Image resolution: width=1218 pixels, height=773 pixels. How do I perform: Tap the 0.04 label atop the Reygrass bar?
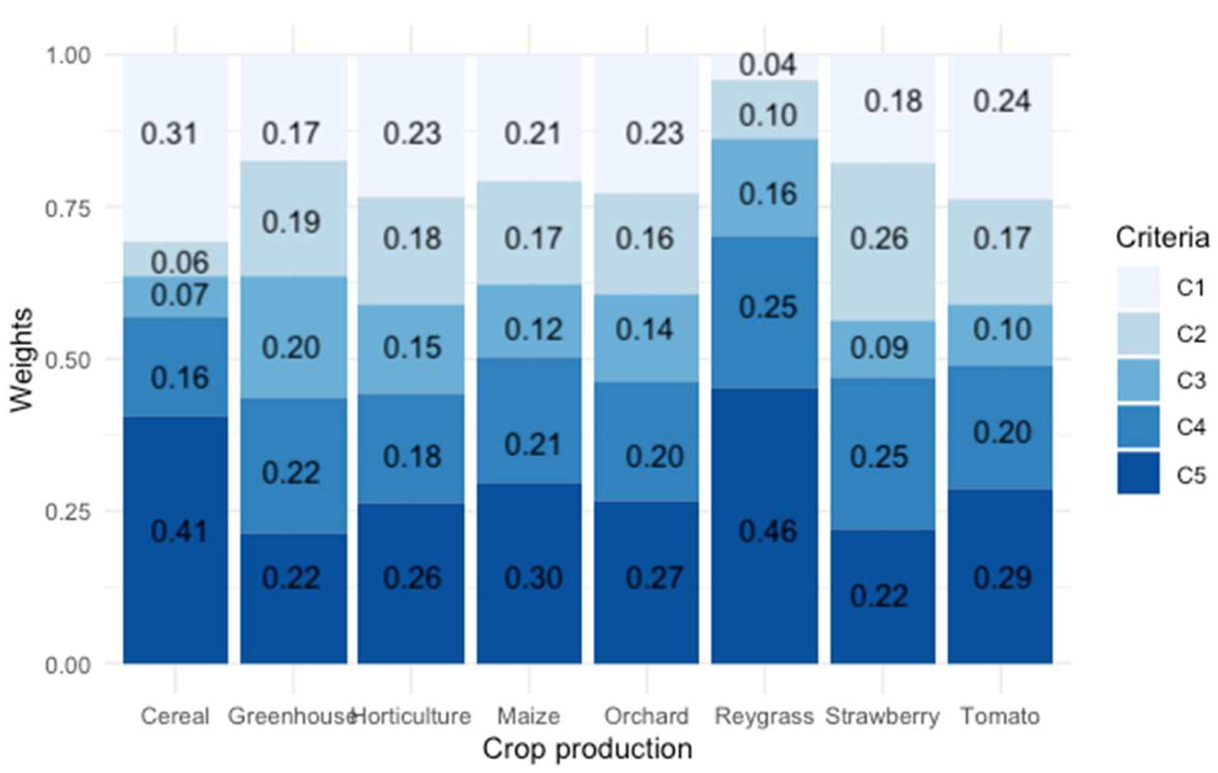(767, 65)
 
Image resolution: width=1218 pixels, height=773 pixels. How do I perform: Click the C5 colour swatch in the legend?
(1138, 473)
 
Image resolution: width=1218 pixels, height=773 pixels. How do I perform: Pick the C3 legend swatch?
(1138, 380)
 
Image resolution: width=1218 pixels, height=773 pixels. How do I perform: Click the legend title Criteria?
(1162, 238)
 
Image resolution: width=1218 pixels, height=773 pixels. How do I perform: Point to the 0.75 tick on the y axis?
(68, 207)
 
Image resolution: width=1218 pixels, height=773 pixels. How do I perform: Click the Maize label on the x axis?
(528, 716)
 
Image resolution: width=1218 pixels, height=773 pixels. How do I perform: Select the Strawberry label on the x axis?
(882, 716)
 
